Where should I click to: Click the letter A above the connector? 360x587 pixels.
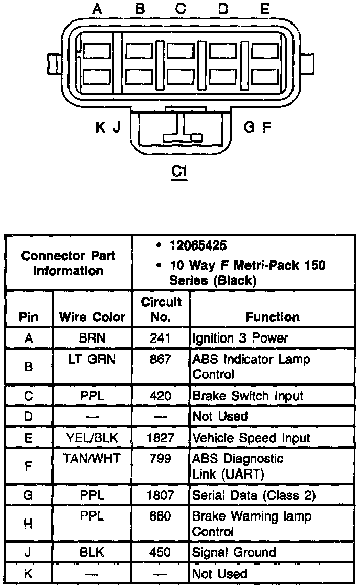pos(97,9)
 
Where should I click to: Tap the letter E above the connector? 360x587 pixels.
pos(264,9)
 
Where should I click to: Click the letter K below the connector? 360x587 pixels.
pos(101,127)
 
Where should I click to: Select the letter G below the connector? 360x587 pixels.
pos(249,126)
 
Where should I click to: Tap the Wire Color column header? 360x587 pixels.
pos(92,317)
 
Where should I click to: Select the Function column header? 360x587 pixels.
pos(273,317)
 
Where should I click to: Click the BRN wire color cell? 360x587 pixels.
pos(92,338)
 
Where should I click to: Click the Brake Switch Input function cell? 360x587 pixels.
pos(247,395)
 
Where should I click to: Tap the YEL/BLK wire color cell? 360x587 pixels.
pos(92,438)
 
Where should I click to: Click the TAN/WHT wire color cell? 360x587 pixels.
pos(92,459)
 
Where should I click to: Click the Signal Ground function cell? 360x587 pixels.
pos(234,552)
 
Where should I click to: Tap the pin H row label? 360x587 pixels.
pos(29,524)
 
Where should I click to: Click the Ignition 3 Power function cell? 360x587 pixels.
pos(240,338)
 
